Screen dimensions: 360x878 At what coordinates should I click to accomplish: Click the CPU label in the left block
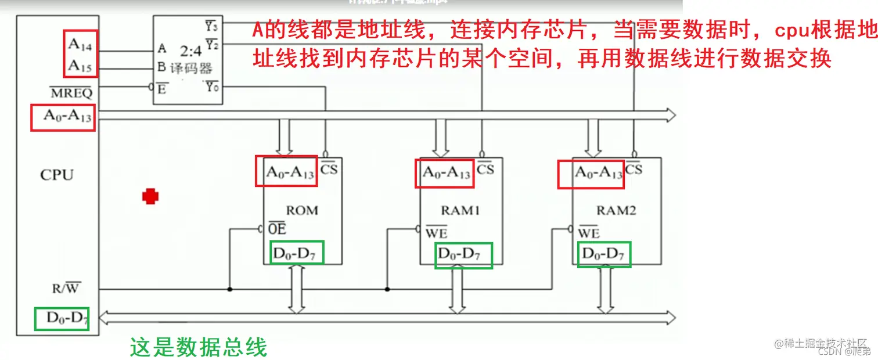(57, 175)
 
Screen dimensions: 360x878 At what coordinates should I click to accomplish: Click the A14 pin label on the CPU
(80, 44)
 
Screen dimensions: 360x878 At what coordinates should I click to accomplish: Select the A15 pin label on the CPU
(80, 66)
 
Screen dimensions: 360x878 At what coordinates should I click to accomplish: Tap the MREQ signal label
(71, 93)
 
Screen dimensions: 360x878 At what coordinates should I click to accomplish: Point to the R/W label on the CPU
(66, 287)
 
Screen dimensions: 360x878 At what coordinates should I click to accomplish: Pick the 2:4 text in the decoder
(190, 51)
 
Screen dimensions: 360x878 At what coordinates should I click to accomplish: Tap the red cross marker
(151, 197)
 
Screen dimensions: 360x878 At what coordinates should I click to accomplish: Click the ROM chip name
(302, 210)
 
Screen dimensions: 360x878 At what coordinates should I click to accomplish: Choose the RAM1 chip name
(460, 210)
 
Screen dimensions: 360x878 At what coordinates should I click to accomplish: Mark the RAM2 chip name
(616, 210)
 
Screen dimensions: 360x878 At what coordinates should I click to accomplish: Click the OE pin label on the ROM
(277, 228)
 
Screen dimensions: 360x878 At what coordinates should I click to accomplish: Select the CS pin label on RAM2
(634, 169)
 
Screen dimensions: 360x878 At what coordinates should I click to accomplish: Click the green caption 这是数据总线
(198, 347)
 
